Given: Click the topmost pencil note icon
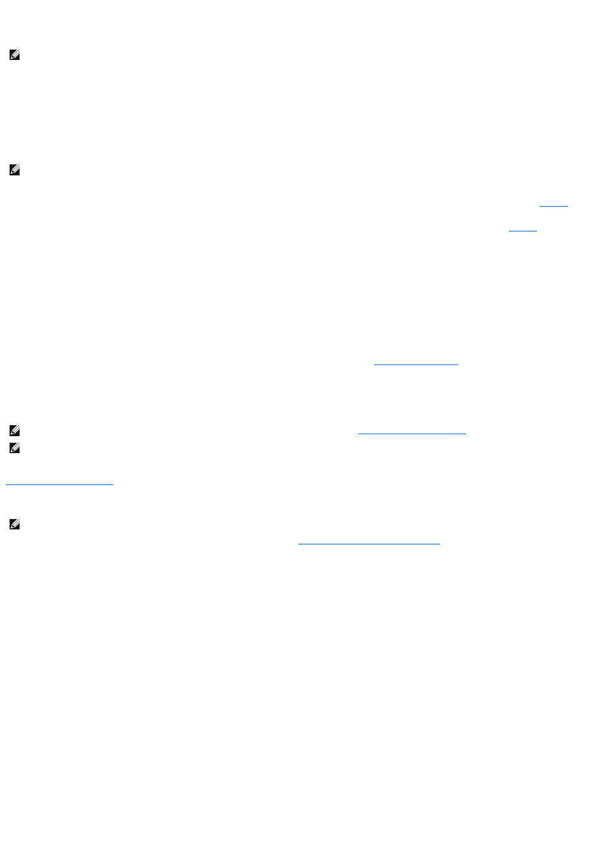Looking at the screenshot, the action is pos(14,56).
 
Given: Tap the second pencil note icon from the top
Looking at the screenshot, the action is pos(14,171).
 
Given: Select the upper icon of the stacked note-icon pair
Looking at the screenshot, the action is pos(14,430).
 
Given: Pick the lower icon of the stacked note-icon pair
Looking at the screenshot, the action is pos(14,449).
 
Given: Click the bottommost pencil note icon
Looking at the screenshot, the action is pos(14,524).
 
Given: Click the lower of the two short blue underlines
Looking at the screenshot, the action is pos(523,231).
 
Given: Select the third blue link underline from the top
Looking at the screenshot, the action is pos(416,364).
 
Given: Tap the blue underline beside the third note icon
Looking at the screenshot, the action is pos(412,434).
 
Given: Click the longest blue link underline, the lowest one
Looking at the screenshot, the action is pos(369,543).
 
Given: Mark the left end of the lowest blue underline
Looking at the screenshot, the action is pos(298,543).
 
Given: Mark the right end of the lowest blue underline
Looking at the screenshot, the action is pos(440,543).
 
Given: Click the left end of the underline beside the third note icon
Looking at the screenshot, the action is pos(358,434).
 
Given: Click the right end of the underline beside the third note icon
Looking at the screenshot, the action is pos(466,434).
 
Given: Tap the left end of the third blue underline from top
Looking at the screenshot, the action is pos(374,364).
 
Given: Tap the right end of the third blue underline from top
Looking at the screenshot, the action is pos(458,364).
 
